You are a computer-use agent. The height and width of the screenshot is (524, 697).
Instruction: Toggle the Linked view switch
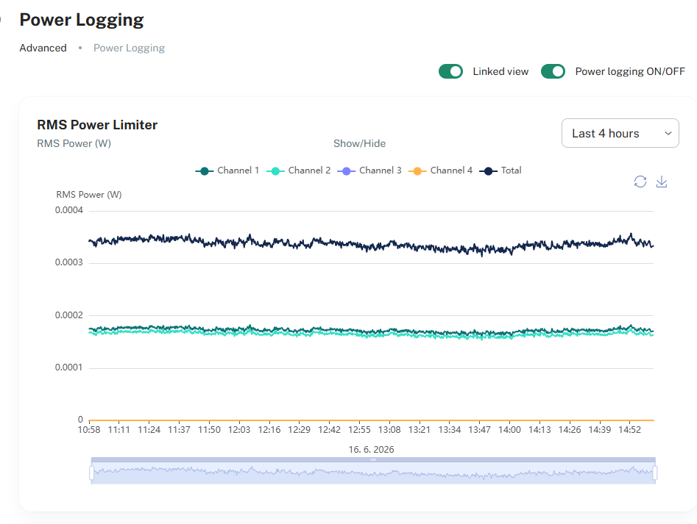pyautogui.click(x=450, y=71)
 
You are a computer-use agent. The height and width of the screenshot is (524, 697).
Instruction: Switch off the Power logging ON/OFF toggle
pyautogui.click(x=553, y=71)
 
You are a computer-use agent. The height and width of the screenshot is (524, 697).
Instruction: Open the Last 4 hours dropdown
pyautogui.click(x=620, y=133)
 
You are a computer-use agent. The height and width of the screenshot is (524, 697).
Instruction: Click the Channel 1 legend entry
pyautogui.click(x=227, y=171)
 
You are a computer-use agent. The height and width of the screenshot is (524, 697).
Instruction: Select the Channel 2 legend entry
pyautogui.click(x=298, y=171)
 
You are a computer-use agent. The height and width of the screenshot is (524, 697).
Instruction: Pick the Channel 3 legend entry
pyautogui.click(x=369, y=171)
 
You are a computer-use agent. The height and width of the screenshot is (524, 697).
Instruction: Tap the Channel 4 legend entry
pyautogui.click(x=441, y=171)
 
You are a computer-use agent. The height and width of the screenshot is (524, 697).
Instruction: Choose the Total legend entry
pyautogui.click(x=500, y=171)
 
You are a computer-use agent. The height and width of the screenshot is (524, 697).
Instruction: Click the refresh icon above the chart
pyautogui.click(x=640, y=182)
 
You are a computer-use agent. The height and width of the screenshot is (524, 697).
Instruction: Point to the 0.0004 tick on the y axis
pyautogui.click(x=69, y=210)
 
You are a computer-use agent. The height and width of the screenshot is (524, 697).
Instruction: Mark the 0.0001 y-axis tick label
pyautogui.click(x=69, y=367)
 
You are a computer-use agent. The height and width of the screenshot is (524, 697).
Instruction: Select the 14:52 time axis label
pyautogui.click(x=630, y=429)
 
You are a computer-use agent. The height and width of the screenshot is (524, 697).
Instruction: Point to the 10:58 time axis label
pyautogui.click(x=89, y=429)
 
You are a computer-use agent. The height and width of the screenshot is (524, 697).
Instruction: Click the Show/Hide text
pyautogui.click(x=360, y=143)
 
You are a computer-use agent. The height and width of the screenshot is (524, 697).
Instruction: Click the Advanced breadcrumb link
pyautogui.click(x=43, y=48)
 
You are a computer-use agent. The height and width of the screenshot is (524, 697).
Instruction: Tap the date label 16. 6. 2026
pyautogui.click(x=371, y=450)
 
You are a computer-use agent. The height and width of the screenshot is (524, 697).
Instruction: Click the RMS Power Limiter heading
pyautogui.click(x=97, y=125)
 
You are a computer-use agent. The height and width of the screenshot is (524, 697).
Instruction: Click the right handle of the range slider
pyautogui.click(x=655, y=473)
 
